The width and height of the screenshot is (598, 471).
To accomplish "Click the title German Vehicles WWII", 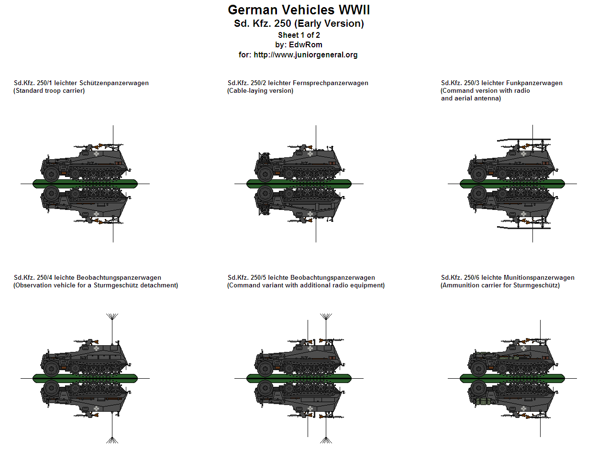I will (299, 10).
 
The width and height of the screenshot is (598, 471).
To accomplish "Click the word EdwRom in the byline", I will (305, 45).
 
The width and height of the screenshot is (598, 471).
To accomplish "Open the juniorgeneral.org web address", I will (305, 55).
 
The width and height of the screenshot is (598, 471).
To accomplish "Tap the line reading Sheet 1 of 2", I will (299, 35).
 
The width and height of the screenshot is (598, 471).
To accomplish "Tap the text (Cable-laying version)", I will (260, 91).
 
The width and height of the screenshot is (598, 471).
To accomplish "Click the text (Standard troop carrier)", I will (49, 91).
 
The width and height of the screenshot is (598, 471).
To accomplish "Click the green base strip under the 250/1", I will (85, 183).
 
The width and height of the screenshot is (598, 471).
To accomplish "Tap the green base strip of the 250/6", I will (512, 378).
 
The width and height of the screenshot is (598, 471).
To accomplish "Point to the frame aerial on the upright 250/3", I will (524, 140).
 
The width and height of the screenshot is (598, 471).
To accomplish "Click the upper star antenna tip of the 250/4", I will (112, 317).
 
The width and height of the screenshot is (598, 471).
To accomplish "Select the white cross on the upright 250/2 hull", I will (310, 153).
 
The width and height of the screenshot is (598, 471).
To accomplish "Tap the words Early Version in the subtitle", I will (329, 23).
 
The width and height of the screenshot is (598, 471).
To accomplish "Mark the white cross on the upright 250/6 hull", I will (524, 349).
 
